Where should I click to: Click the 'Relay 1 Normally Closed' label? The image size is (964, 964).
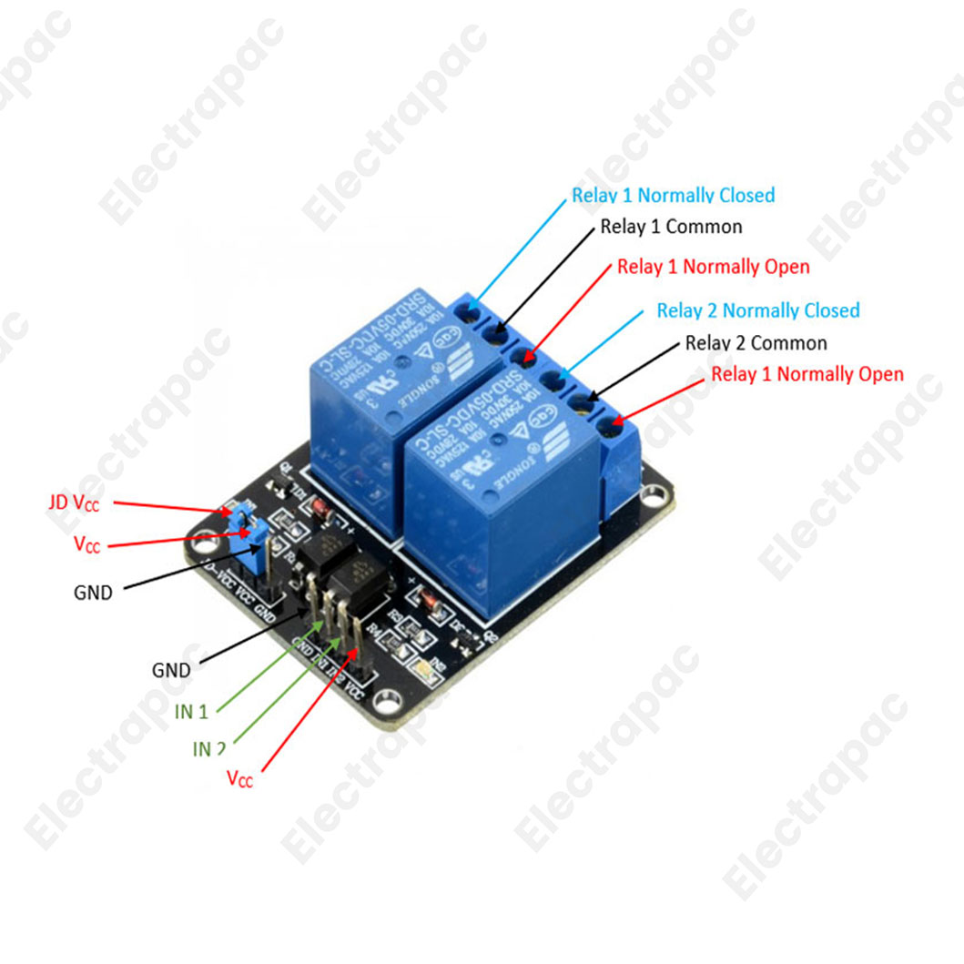673,196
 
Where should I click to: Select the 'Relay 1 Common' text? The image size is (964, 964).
671,227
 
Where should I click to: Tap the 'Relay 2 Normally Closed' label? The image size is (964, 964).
757,311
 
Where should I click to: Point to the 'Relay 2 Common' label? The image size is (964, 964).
756,343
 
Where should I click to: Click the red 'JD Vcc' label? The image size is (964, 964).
74,502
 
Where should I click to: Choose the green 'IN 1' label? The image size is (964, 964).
191,712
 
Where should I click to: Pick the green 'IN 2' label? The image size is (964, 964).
208,749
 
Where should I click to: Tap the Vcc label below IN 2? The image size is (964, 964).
239,779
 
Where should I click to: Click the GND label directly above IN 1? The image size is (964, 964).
171,671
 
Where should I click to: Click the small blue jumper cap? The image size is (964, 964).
248,529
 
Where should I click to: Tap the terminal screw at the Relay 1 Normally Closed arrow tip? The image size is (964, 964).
471,315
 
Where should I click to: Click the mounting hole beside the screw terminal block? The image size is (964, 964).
655,497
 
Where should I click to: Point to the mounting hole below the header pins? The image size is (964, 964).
389,702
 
